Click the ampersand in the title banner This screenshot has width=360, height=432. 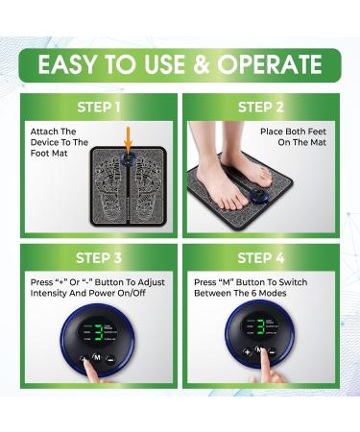click(x=199, y=64)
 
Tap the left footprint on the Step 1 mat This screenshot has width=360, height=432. click(x=112, y=182)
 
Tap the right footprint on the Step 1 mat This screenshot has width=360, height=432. click(x=141, y=182)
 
